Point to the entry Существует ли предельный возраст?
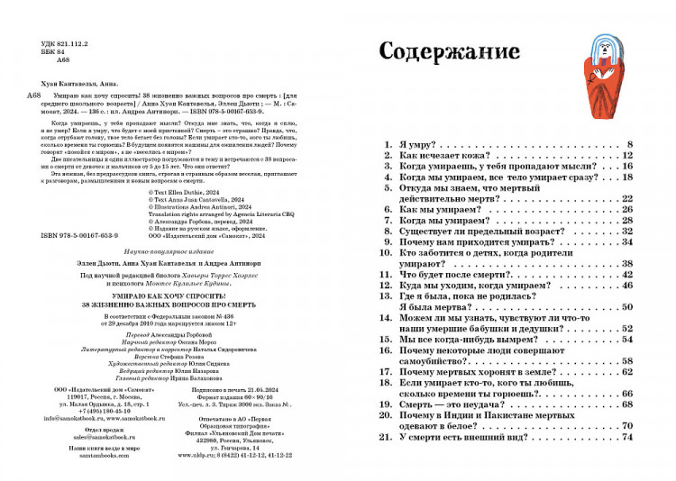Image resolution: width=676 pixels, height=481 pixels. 482,231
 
